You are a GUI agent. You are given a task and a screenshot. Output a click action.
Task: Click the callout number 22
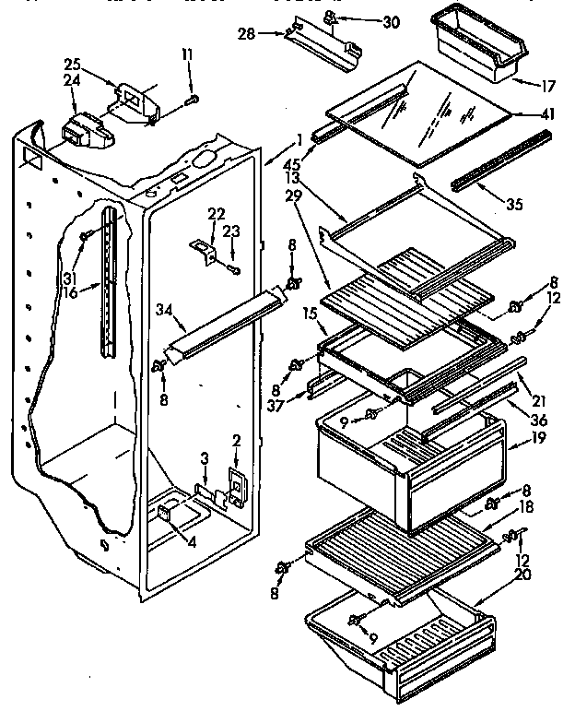[x=217, y=214]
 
